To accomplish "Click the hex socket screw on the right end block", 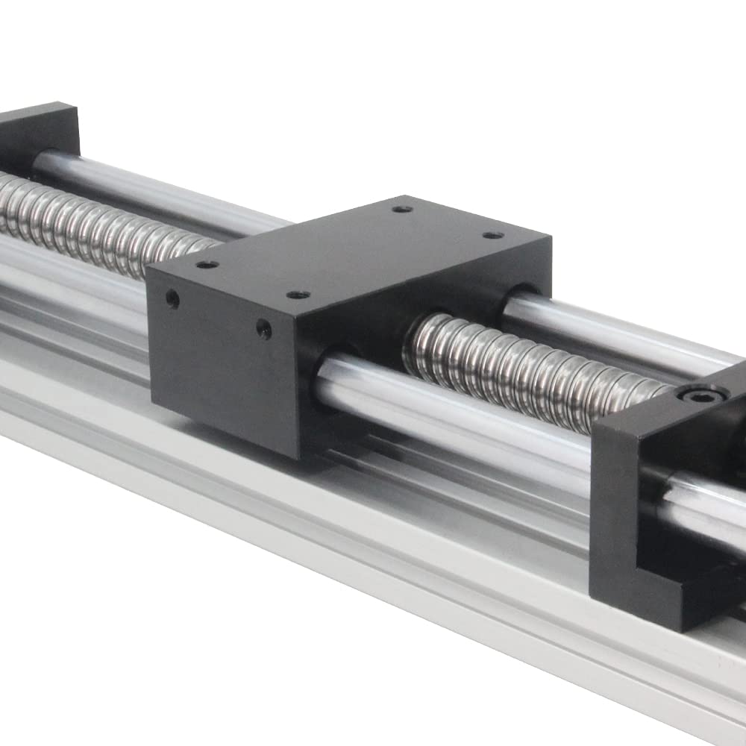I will tap(698, 393).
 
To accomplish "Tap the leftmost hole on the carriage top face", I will tap(207, 264).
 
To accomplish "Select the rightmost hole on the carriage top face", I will tap(492, 236).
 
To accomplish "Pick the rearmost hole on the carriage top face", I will tap(402, 209).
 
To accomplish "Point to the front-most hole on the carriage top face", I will tap(298, 295).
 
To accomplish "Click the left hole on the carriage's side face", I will tap(172, 300).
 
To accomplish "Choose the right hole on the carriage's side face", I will tap(264, 329).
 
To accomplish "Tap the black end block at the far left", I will tap(37, 134).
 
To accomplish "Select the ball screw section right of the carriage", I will tap(522, 366).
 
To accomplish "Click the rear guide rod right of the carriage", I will tap(612, 328).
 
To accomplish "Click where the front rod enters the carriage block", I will tap(328, 373).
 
